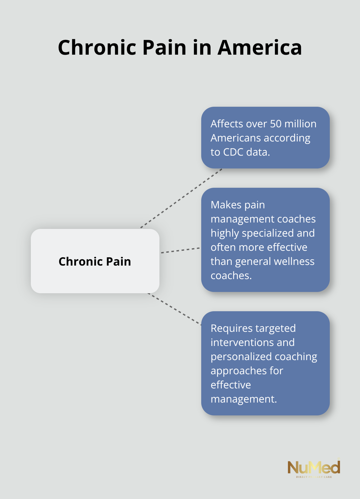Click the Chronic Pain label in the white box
tap(95, 261)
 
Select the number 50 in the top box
tap(276, 124)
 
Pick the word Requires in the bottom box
tap(231, 328)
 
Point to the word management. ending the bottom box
tap(243, 399)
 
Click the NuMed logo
tap(313, 468)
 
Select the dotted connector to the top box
tap(181, 198)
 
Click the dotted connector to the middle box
tap(180, 250)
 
